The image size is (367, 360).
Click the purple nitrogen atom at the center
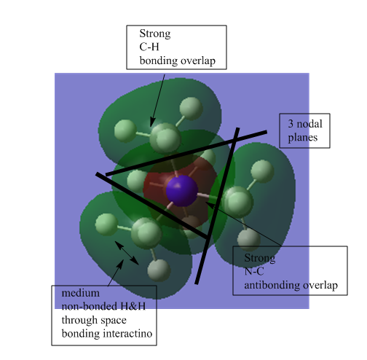point(182,191)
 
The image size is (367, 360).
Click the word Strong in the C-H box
point(155,34)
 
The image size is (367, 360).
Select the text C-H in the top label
point(149,47)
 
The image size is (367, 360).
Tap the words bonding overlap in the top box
point(178,60)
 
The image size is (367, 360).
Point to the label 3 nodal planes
point(305,130)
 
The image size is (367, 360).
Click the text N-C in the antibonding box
point(254,271)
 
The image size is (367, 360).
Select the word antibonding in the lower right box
point(272,285)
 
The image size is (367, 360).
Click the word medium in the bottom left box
point(81,293)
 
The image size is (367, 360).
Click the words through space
point(94,320)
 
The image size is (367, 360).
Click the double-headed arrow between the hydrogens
point(127,253)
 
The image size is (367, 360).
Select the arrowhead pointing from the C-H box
point(152,122)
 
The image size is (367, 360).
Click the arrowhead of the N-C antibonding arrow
point(210,205)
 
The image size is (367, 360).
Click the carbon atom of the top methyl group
point(165,138)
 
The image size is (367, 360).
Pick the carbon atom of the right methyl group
point(237,202)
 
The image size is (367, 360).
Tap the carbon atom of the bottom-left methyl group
point(146,233)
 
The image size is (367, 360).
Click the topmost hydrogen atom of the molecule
point(192,109)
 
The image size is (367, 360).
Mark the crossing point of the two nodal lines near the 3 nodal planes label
point(234,140)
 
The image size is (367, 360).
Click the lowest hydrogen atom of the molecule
point(159,270)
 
